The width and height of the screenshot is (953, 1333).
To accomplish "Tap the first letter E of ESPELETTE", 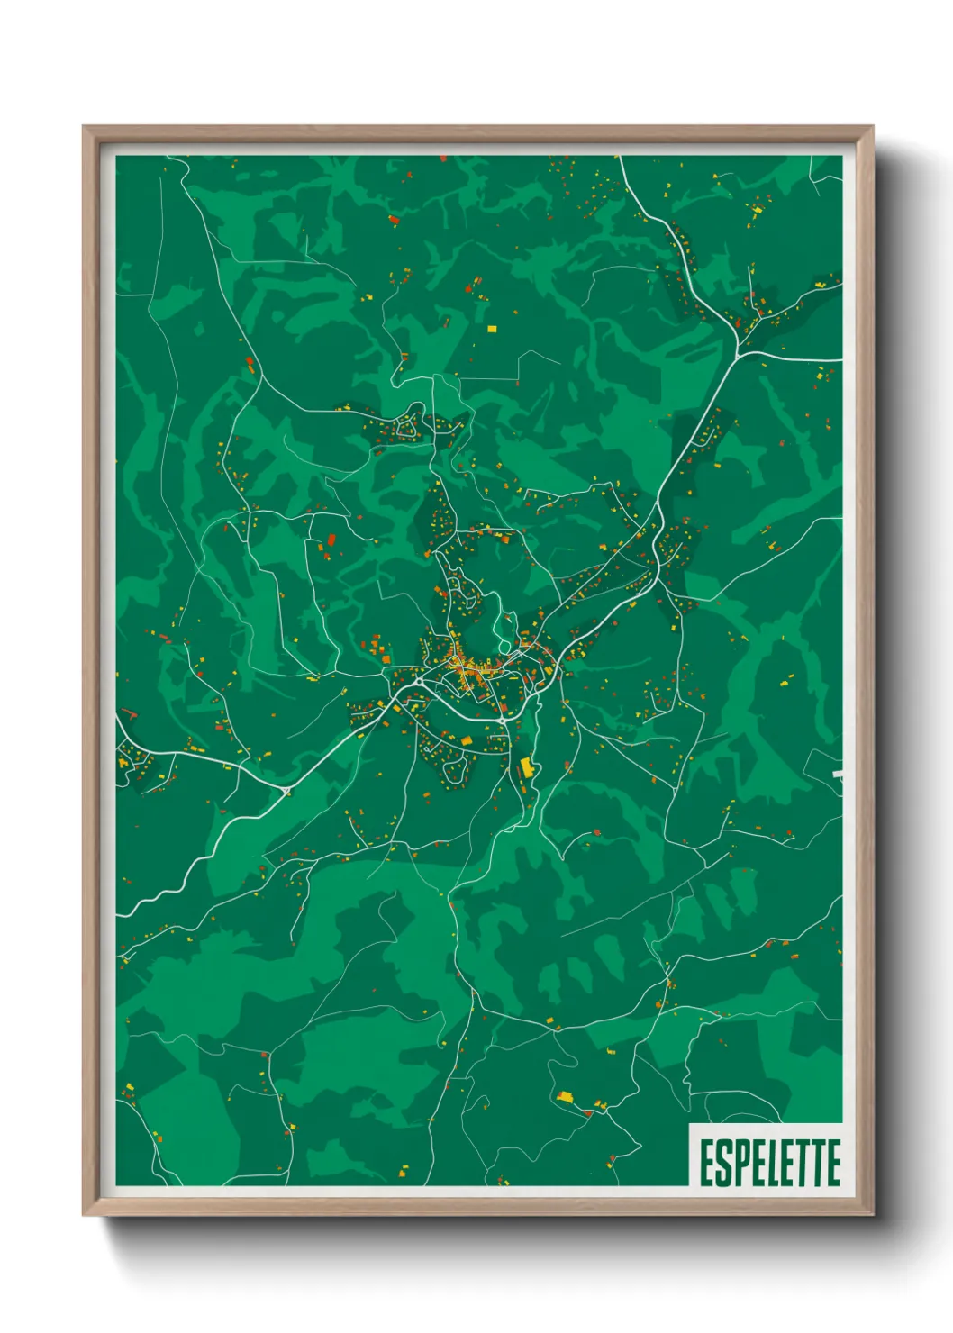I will tap(707, 1163).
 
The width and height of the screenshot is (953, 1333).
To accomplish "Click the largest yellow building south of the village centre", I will tap(527, 767).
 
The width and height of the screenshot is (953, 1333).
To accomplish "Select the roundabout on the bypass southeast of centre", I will tap(503, 721).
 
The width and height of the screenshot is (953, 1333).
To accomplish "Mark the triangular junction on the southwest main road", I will tap(287, 791).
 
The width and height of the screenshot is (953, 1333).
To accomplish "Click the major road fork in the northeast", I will tap(738, 352).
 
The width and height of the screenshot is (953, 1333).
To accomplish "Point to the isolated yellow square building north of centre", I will tap(492, 329).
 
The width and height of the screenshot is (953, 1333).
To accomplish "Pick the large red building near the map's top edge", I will tap(393, 218).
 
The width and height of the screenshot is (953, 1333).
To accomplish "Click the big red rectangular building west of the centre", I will tap(331, 540).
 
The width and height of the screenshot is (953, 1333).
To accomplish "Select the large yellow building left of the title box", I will tap(566, 1096).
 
